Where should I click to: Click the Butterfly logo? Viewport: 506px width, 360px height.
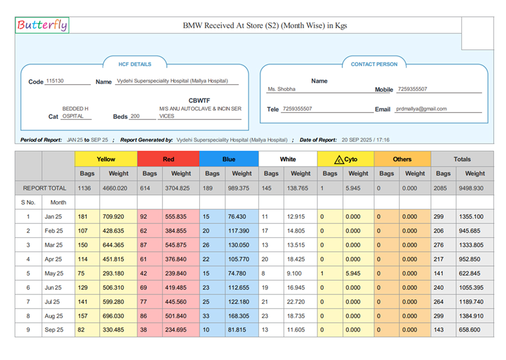pyautogui.click(x=42, y=25)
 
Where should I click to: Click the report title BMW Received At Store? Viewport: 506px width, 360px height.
pyautogui.click(x=265, y=25)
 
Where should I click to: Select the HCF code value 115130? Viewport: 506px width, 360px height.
pyautogui.click(x=55, y=81)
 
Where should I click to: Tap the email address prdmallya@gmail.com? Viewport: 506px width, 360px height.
pyautogui.click(x=421, y=109)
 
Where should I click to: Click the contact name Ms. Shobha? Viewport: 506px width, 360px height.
pyautogui.click(x=281, y=89)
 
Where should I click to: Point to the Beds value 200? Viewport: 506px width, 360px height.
pyautogui.click(x=135, y=116)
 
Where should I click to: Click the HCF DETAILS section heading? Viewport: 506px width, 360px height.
pyautogui.click(x=135, y=64)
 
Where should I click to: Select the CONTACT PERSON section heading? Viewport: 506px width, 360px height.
pyautogui.click(x=374, y=64)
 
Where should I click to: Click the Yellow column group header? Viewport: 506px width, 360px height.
pyautogui.click(x=106, y=159)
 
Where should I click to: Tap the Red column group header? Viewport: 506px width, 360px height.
pyautogui.click(x=168, y=159)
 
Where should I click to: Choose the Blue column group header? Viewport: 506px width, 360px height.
pyautogui.click(x=229, y=159)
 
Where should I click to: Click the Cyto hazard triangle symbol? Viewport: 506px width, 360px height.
pyautogui.click(x=338, y=160)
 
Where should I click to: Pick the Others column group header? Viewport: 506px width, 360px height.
pyautogui.click(x=402, y=159)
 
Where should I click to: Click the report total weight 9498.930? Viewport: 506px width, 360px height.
pyautogui.click(x=474, y=188)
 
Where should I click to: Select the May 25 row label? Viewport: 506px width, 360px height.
pyautogui.click(x=54, y=273)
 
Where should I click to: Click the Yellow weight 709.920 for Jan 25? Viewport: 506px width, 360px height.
pyautogui.click(x=113, y=217)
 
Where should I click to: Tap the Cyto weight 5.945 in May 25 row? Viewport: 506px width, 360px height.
pyautogui.click(x=353, y=273)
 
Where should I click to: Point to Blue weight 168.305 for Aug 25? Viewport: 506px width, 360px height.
pyautogui.click(x=239, y=316)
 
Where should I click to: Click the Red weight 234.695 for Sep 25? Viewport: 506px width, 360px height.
pyautogui.click(x=176, y=330)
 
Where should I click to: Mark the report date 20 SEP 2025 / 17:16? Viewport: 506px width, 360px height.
pyautogui.click(x=365, y=140)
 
